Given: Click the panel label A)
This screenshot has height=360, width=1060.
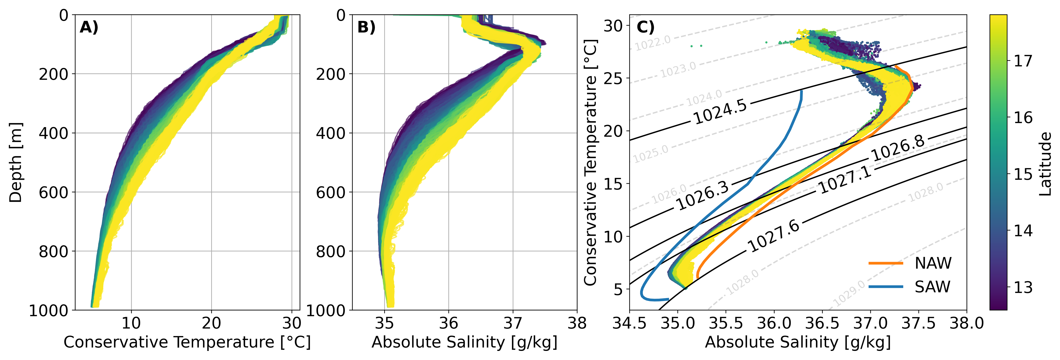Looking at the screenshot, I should pos(89,27).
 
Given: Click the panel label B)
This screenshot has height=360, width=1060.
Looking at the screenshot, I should pos(366,27).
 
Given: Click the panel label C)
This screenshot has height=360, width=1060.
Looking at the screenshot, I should pos(646,27).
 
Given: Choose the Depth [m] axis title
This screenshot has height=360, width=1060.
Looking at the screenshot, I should pos(16,162).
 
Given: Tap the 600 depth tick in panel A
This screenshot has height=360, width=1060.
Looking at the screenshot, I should pos(53,192).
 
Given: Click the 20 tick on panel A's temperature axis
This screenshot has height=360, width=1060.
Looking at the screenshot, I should pos(211,323).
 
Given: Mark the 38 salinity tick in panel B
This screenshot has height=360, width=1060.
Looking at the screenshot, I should pos(577,323).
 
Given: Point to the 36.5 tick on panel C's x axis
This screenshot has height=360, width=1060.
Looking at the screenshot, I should pos(822,323).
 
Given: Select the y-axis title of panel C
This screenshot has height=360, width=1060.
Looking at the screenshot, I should pos(591,162).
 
